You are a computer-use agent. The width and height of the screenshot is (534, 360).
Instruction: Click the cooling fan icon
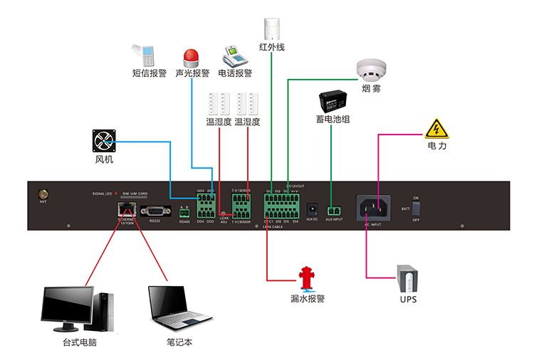pyautogui.click(x=105, y=140)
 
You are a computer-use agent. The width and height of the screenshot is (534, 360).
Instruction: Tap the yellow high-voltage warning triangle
pyautogui.click(x=436, y=128)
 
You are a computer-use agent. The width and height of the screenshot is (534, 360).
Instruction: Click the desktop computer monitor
pyautogui.click(x=68, y=306)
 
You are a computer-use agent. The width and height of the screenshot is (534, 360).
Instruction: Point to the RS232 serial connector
pyautogui.click(x=155, y=210)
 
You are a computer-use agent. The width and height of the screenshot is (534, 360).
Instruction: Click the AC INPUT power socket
pyautogui.click(x=376, y=208)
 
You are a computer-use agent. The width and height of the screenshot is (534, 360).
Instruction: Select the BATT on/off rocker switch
pyautogui.click(x=417, y=208)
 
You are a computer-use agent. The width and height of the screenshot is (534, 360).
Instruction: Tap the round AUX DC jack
pyautogui.click(x=311, y=210)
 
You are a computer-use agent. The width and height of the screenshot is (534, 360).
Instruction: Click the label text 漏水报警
pyautogui.click(x=308, y=300)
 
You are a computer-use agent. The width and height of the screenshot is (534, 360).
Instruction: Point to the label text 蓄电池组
pyautogui.click(x=333, y=120)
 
